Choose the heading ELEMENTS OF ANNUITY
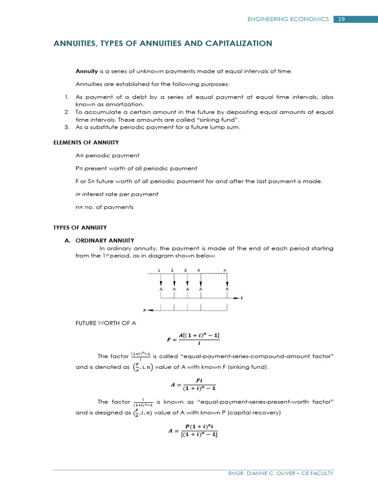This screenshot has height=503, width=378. point(86,142)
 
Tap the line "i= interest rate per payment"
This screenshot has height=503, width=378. point(117,194)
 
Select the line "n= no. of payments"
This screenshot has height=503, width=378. point(104,207)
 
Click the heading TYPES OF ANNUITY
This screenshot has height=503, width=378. point(80,227)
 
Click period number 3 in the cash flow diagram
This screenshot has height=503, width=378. point(186,270)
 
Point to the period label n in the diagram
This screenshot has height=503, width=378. point(225,270)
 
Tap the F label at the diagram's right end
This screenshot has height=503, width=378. point(242,298)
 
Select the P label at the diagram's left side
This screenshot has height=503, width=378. point(145,310)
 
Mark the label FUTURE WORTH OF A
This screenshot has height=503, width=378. point(105,322)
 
